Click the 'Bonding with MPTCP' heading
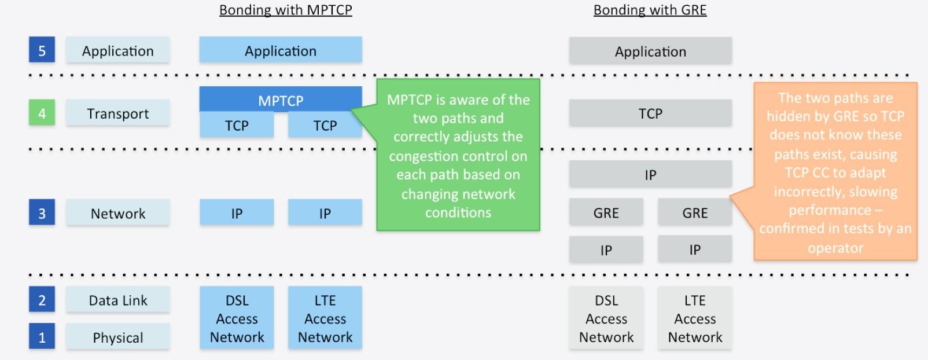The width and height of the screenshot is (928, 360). pos(285,10)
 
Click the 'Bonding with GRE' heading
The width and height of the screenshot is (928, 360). pos(650,10)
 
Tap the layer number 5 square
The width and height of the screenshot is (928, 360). pos(42,50)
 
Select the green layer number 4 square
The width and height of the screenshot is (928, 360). pos(42,113)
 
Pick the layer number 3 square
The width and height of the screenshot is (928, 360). pos(42,213)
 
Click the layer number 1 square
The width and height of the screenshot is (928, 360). pos(42,337)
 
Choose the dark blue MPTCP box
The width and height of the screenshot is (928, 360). pos(281,100)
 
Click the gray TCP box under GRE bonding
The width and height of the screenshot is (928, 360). pos(650,113)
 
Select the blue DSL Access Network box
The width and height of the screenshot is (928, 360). pos(237,318)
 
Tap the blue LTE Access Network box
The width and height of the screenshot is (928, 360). pos(325,318)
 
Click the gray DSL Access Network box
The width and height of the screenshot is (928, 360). pos(606,318)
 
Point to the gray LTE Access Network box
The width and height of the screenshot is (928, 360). pos(694,318)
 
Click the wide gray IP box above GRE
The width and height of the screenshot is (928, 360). pos(650,175)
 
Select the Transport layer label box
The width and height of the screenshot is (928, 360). pos(117,113)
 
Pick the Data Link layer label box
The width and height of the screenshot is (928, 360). pos(117,300)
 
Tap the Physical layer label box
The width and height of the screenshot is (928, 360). pos(117,337)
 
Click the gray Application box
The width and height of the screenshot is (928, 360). pos(650,52)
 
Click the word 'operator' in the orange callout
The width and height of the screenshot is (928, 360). pos(835,248)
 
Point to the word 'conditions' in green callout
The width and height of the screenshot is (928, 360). pos(458,213)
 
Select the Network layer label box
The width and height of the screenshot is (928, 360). pos(117,214)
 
